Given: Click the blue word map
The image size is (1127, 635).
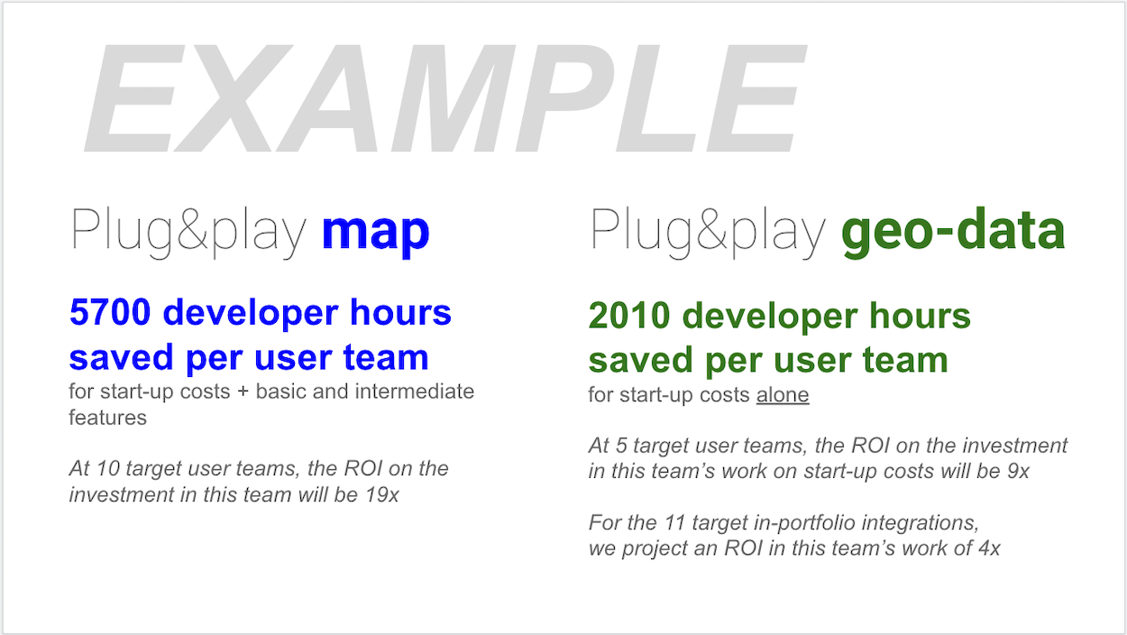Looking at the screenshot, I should coord(375,232).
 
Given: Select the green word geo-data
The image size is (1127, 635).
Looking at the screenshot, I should coord(953,232).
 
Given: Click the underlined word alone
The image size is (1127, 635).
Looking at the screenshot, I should coord(782,395).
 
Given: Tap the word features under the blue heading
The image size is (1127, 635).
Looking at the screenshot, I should coord(107,418).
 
